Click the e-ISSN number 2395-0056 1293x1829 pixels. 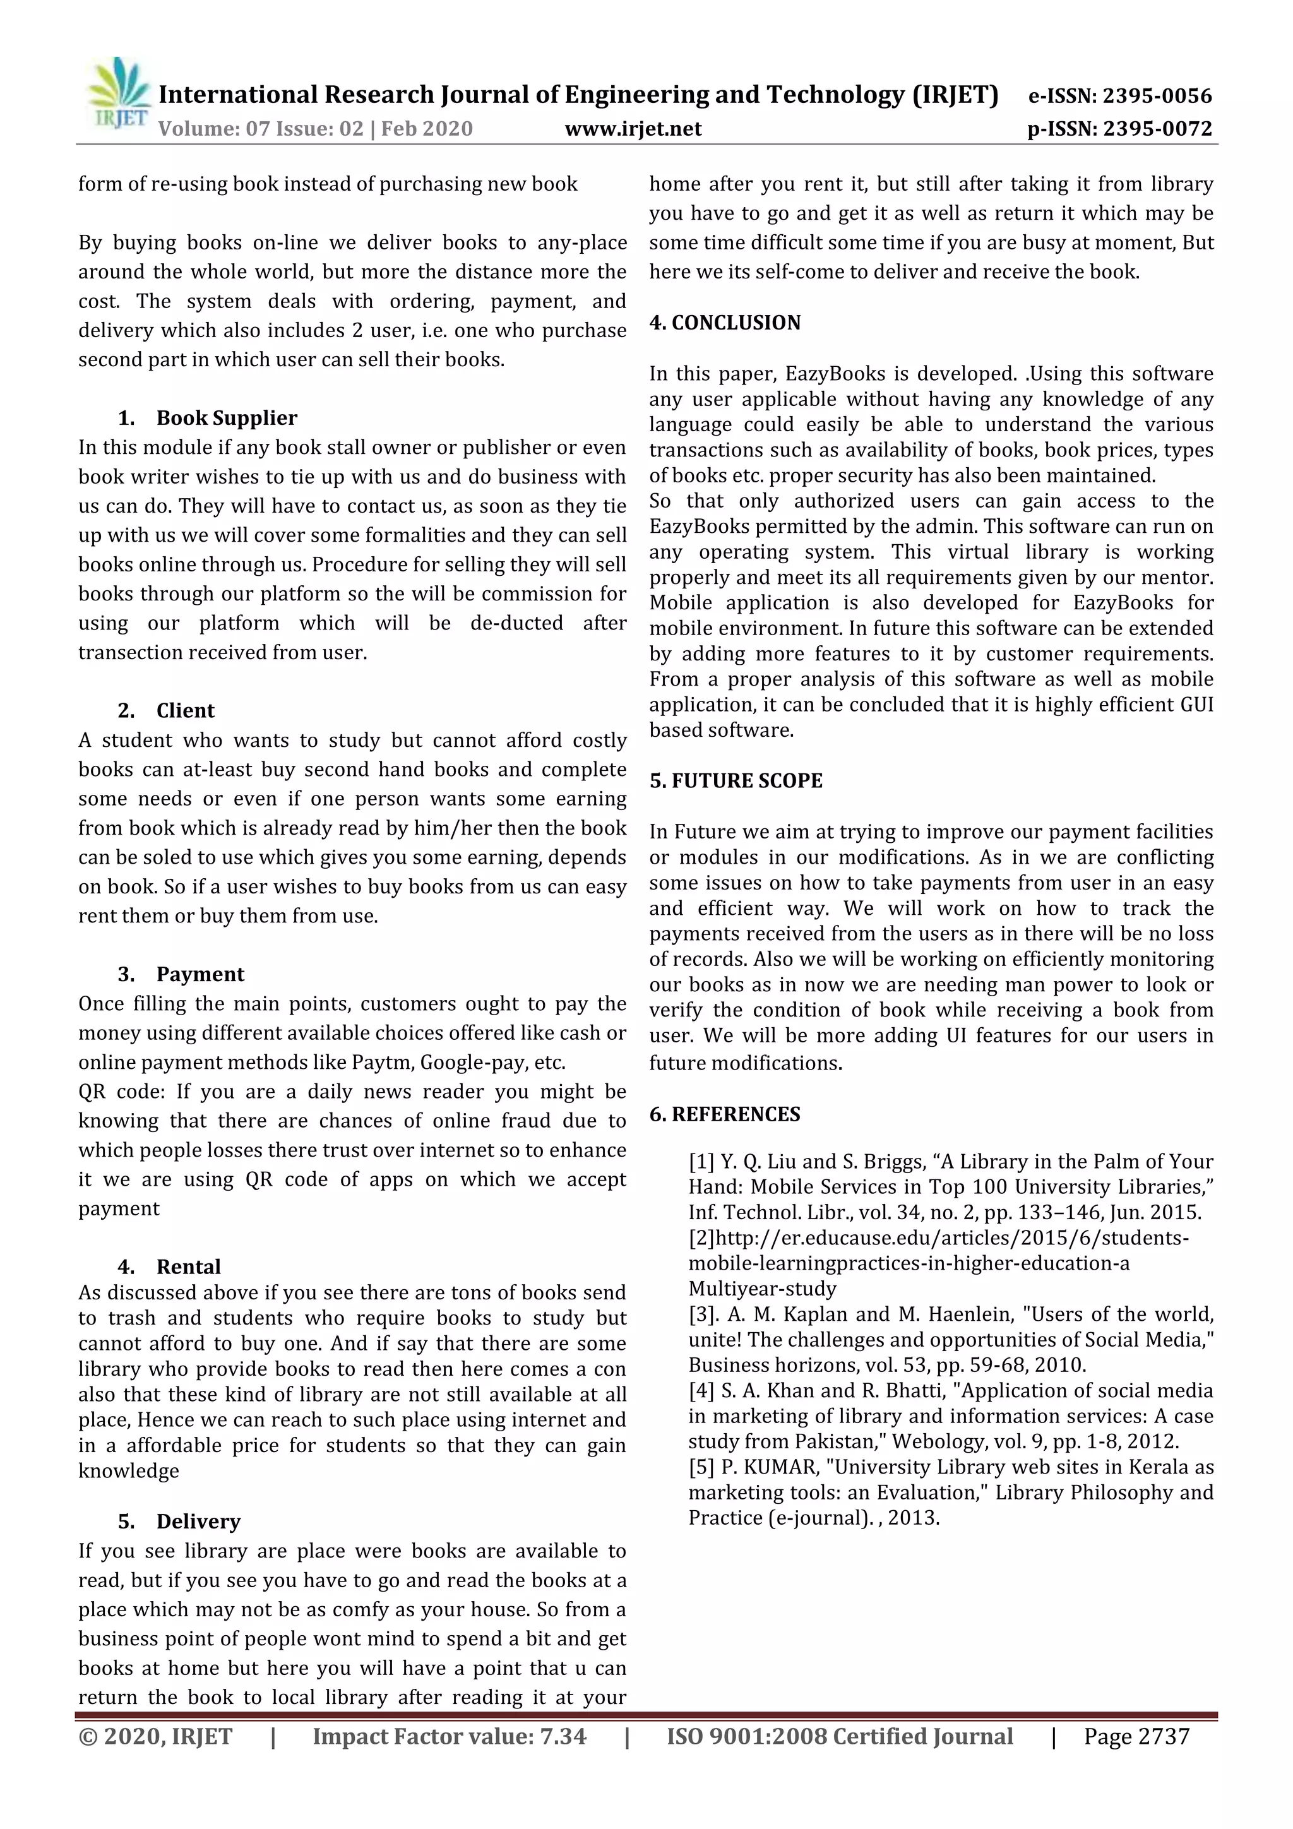(x=1157, y=97)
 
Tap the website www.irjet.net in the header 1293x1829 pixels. (x=633, y=129)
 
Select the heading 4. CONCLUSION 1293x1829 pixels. (x=724, y=323)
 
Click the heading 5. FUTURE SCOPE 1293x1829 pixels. (x=736, y=781)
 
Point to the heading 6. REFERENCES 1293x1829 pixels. (x=724, y=1114)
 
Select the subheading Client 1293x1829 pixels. (x=185, y=710)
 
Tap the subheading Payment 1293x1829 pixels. (x=200, y=974)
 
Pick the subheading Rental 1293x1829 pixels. (x=188, y=1266)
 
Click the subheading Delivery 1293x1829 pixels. (x=198, y=1522)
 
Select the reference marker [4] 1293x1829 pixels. (x=701, y=1391)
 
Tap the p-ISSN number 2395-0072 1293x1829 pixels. (x=1157, y=129)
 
